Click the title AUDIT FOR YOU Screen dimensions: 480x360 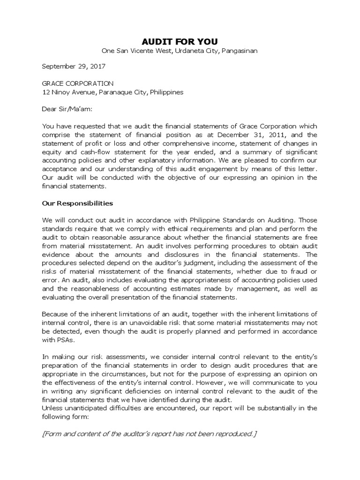click(x=180, y=41)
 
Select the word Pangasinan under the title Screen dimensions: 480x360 click(x=239, y=51)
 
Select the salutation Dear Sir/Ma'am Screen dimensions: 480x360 click(x=67, y=109)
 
